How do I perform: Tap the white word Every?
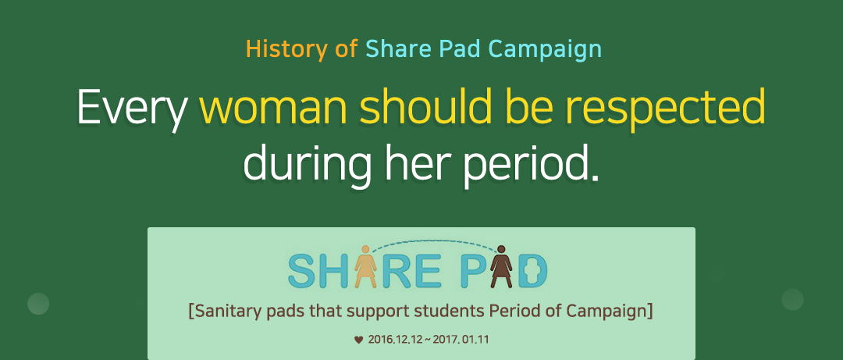click(132, 109)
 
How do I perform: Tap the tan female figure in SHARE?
click(365, 266)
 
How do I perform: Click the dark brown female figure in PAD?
click(501, 266)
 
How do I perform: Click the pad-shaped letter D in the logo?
click(533, 271)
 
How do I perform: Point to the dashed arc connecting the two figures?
click(433, 241)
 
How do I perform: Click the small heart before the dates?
click(358, 340)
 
